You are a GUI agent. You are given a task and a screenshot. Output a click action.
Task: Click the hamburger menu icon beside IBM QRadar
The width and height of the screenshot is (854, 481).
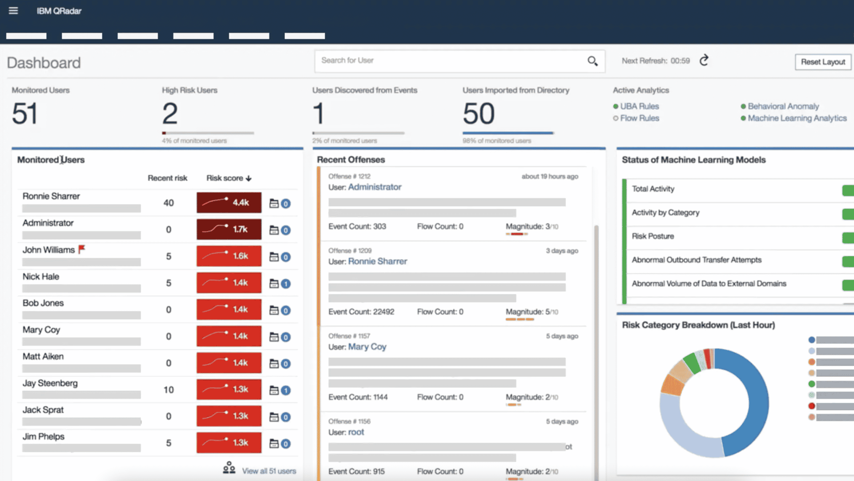pyautogui.click(x=13, y=10)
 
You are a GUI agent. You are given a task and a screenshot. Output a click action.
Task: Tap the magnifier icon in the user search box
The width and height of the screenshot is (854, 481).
pyautogui.click(x=592, y=61)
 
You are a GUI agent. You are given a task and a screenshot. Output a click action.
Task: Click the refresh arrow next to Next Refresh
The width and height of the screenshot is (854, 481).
pyautogui.click(x=704, y=61)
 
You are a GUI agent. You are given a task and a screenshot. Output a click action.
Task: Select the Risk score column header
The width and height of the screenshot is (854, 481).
pyautogui.click(x=229, y=178)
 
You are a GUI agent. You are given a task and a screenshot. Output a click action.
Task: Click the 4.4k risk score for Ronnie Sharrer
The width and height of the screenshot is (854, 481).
pyautogui.click(x=229, y=203)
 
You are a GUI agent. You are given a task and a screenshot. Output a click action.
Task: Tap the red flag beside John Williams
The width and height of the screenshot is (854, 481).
pyautogui.click(x=81, y=249)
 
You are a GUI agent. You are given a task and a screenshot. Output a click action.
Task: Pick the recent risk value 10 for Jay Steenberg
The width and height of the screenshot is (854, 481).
pyautogui.click(x=169, y=390)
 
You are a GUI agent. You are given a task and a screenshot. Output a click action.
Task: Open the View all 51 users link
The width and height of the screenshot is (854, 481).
pyautogui.click(x=269, y=471)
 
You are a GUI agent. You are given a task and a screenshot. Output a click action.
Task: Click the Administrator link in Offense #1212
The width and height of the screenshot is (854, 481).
pyautogui.click(x=375, y=187)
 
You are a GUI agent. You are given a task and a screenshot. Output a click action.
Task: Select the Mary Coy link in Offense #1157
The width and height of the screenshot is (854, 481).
pyautogui.click(x=367, y=346)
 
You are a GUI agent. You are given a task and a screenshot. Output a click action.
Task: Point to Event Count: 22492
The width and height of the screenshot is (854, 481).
pyautogui.click(x=361, y=312)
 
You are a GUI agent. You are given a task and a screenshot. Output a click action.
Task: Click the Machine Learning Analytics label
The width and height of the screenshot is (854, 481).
pyautogui.click(x=797, y=118)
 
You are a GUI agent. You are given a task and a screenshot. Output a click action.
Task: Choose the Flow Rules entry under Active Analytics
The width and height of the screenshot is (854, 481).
pyautogui.click(x=640, y=118)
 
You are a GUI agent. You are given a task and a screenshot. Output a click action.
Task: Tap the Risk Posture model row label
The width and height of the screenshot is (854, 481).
pyautogui.click(x=653, y=236)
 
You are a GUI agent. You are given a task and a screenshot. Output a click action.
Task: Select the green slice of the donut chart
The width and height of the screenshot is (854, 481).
pyautogui.click(x=692, y=362)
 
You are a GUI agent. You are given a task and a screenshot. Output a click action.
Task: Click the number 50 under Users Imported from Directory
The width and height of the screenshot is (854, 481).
pyautogui.click(x=479, y=114)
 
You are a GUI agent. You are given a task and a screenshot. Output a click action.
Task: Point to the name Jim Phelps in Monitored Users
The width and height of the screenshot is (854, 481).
pyautogui.click(x=44, y=436)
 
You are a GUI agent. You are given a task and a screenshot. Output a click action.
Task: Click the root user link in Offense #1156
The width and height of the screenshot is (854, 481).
pyautogui.click(x=356, y=432)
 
